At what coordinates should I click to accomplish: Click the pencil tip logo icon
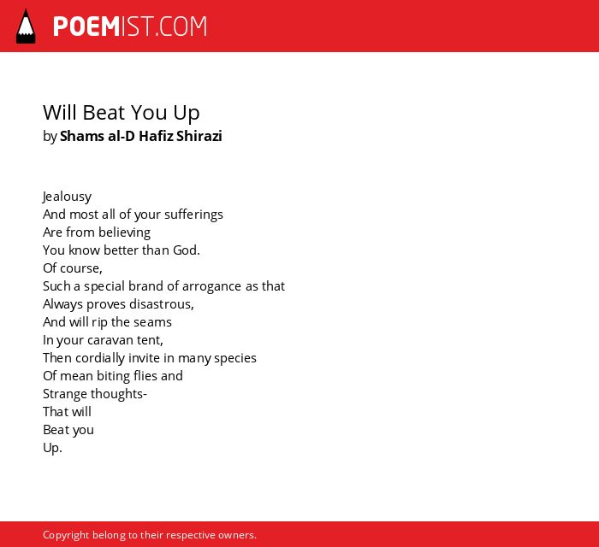pyautogui.click(x=26, y=26)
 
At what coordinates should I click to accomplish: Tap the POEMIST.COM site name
pyautogui.click(x=130, y=26)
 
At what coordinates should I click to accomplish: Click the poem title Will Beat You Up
pyautogui.click(x=122, y=113)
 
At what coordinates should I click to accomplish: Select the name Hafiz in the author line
pyautogui.click(x=156, y=136)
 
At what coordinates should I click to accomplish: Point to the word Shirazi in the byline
pyautogui.click(x=199, y=136)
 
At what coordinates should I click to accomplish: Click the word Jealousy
pyautogui.click(x=67, y=197)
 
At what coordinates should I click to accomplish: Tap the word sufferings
pyautogui.click(x=193, y=215)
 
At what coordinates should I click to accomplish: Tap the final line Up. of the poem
pyautogui.click(x=52, y=448)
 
